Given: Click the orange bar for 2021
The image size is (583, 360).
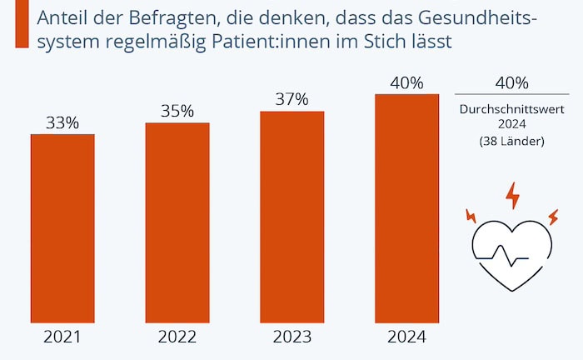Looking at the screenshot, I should pyautogui.click(x=62, y=227).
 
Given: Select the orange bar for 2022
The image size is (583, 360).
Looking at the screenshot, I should pyautogui.click(x=177, y=222).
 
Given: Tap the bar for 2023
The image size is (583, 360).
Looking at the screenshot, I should pyautogui.click(x=291, y=216).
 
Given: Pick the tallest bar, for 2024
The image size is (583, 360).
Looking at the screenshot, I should pyautogui.click(x=406, y=207).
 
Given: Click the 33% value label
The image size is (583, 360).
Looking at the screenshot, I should pyautogui.click(x=62, y=122).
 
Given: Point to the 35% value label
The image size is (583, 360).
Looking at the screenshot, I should pyautogui.click(x=177, y=112).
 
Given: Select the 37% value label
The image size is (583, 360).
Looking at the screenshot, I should pyautogui.click(x=291, y=100).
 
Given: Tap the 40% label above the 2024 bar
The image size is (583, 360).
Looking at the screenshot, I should pyautogui.click(x=406, y=82).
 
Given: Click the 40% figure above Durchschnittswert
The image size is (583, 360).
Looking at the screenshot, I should pyautogui.click(x=511, y=82).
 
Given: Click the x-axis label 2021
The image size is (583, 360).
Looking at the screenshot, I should pyautogui.click(x=62, y=337).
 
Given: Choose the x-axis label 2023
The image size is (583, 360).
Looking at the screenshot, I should pyautogui.click(x=291, y=337).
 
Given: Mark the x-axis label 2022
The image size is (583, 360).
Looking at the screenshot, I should pyautogui.click(x=177, y=337).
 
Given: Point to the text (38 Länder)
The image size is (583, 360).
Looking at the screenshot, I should pyautogui.click(x=511, y=142).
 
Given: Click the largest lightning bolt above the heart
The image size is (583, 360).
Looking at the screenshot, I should pyautogui.click(x=512, y=197).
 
